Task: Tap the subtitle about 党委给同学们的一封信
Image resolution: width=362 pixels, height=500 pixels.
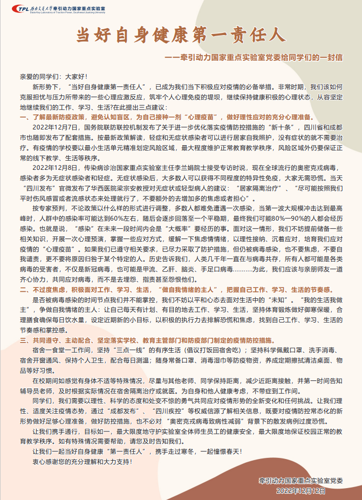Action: [254, 57]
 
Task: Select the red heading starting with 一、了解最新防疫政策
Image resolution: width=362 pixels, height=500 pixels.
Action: [162, 117]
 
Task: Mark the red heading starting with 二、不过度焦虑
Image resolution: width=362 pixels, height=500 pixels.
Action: [162, 289]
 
